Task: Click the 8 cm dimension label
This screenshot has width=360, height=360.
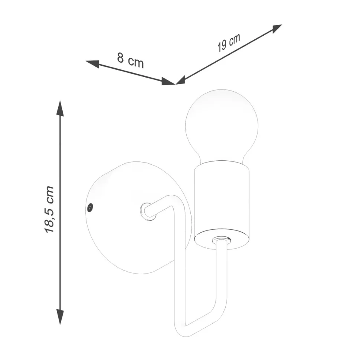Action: [x=130, y=61]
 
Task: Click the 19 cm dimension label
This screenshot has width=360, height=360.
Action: [x=229, y=43]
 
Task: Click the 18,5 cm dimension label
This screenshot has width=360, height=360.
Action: [x=49, y=209]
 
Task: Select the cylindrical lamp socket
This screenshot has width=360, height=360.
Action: [x=222, y=204]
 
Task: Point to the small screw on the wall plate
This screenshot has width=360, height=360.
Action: [x=91, y=207]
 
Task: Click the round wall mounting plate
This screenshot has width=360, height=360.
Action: [x=138, y=217]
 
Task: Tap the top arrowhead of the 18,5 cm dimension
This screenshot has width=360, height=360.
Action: [x=60, y=108]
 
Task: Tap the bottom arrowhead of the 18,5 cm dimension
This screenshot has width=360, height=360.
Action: [x=60, y=317]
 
